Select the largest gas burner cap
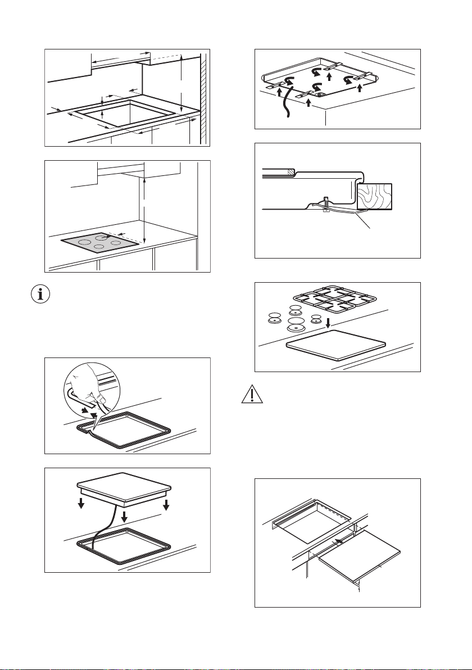pos(296,324)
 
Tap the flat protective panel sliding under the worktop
pos(360,562)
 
